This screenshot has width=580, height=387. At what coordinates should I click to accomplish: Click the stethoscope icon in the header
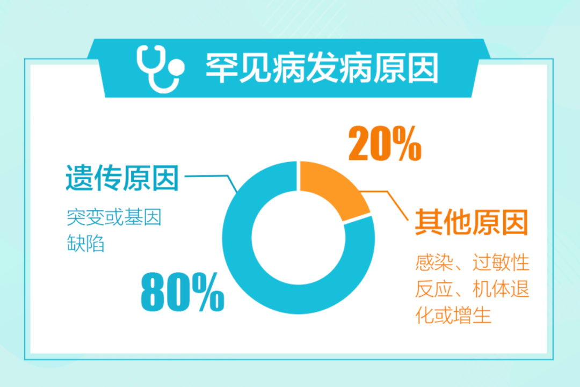(x=160, y=69)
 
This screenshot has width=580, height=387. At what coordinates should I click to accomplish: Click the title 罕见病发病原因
(x=322, y=68)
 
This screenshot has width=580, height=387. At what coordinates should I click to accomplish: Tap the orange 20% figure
(x=385, y=143)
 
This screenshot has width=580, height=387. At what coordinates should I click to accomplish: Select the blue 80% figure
(x=183, y=291)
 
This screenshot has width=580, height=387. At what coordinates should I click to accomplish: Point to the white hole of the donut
(x=298, y=238)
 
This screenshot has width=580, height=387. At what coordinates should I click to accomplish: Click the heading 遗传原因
(x=122, y=178)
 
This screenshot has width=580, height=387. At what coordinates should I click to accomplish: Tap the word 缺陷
(x=86, y=243)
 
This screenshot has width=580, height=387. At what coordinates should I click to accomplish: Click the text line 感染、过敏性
(x=472, y=262)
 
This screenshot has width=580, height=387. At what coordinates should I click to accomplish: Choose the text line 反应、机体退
(x=472, y=289)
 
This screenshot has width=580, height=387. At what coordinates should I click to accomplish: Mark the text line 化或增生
(x=453, y=315)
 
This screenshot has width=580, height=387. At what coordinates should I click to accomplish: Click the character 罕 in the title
(x=221, y=68)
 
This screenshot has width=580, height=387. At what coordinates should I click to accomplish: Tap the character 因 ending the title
(x=423, y=68)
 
